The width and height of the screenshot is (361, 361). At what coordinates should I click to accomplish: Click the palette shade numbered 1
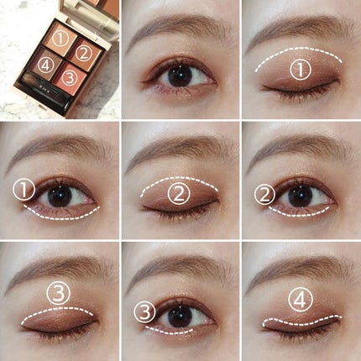coord(60,37)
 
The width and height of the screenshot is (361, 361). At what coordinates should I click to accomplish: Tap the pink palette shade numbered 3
coord(70,77)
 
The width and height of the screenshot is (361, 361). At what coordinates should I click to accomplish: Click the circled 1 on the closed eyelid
coord(301,70)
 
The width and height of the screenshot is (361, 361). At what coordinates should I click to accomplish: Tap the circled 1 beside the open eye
coord(24,190)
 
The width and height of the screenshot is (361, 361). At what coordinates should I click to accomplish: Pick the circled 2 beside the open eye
coord(264,195)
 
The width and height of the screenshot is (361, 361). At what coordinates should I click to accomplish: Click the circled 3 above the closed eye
coord(58,293)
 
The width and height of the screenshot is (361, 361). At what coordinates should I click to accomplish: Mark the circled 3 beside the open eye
coord(144,312)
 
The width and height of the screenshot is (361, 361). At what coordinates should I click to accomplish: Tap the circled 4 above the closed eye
coord(301,301)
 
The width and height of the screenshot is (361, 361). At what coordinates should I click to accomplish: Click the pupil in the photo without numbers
coord(180,76)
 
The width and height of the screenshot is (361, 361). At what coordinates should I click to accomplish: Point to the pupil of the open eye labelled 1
coord(60,196)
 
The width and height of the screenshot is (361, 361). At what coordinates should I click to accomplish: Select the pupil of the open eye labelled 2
coord(301,196)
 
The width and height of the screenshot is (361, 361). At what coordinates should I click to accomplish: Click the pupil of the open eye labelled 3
coord(180,317)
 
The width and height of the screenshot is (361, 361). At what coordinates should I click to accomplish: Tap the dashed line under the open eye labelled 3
coord(168,332)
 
